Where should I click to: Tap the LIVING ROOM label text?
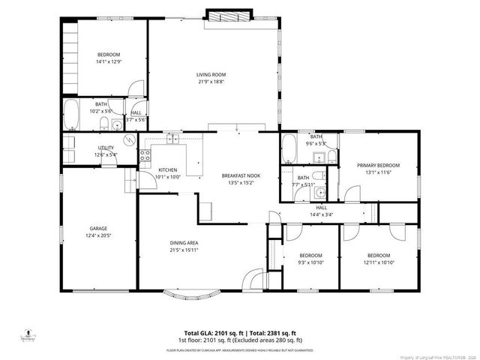[211, 74]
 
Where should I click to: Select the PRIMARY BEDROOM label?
[378, 165]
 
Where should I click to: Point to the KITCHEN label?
[169, 170]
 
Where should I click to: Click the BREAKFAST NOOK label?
[240, 175]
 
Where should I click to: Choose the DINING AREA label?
[183, 243]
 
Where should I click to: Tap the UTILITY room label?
[105, 148]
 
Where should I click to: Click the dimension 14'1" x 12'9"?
[109, 62]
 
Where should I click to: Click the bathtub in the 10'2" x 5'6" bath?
[71, 115]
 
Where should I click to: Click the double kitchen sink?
[173, 138]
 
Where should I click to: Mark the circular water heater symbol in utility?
[129, 139]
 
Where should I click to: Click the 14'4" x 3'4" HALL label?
[321, 211]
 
